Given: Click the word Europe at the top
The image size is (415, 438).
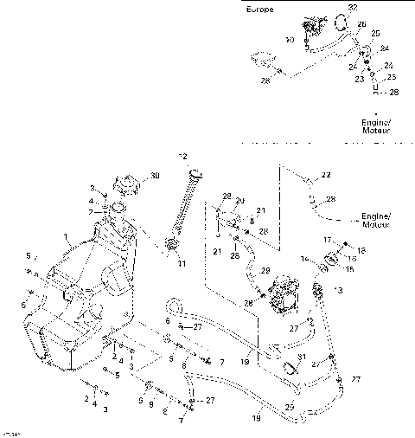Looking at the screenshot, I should (x=260, y=10).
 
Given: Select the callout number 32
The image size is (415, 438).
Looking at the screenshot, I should (x=352, y=7).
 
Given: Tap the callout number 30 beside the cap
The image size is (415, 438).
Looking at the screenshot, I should (x=155, y=177).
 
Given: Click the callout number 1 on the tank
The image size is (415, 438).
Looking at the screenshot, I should (x=64, y=236).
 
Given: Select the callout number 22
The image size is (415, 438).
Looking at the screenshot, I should (x=326, y=176).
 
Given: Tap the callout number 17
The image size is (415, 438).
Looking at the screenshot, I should (x=328, y=240).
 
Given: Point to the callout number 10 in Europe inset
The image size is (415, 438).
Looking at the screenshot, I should (x=290, y=40).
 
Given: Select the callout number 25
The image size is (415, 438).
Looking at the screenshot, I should (x=375, y=33).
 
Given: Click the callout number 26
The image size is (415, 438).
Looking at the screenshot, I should (x=361, y=24).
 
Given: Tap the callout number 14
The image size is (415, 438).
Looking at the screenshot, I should (x=303, y=259).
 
